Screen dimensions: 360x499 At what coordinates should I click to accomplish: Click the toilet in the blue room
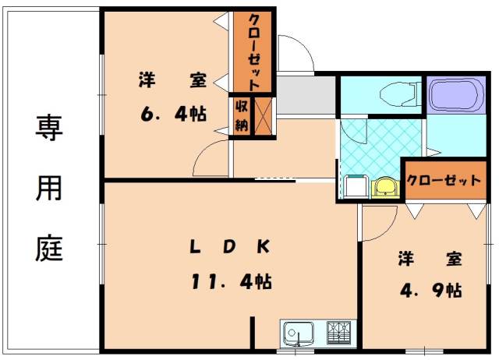pos(398,95)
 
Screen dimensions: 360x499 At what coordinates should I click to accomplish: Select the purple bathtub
pos(455,94)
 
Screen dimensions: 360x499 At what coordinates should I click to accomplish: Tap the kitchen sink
pos(297,334)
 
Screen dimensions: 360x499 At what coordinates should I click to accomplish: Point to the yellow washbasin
pos(384,187)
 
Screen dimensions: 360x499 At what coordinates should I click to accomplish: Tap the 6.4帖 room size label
pos(173,115)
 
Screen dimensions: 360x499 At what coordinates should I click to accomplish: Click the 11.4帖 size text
pos(231,281)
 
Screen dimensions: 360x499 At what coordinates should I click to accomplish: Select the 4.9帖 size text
pos(431,291)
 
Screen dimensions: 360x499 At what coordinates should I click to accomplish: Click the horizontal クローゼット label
pos(443,180)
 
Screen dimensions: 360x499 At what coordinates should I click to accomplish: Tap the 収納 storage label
pos(241,116)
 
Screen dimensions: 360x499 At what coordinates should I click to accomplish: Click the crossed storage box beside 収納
pos(264,116)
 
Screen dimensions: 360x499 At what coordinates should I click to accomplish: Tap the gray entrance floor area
pos(306,94)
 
